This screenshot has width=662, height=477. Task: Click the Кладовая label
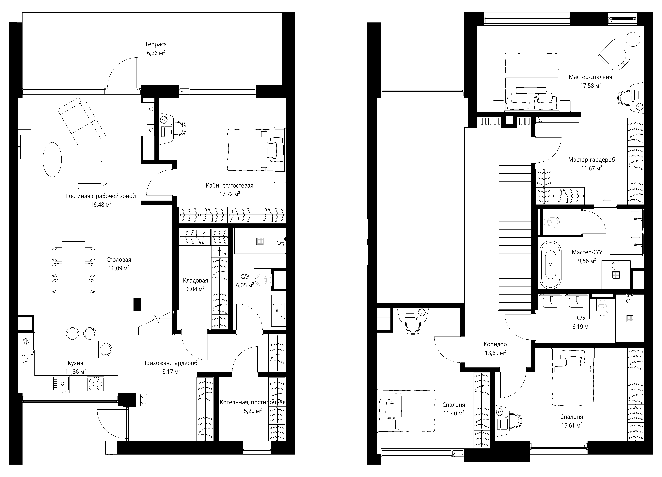point(196,281)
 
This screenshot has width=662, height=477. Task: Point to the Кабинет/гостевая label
point(229,185)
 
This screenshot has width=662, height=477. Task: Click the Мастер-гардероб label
point(591,160)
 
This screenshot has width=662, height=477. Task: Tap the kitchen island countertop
point(75,349)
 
